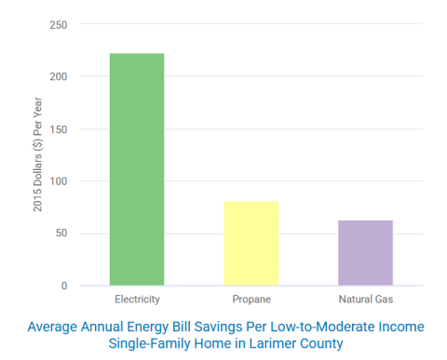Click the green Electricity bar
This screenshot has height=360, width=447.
coord(137,169)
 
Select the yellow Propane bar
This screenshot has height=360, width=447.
coord(251,243)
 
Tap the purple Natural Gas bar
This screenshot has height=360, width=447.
coord(365,252)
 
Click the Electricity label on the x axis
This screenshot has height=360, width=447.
coord(137,300)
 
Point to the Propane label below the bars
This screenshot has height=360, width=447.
coord(251,300)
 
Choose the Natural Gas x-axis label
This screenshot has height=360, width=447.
coord(365,300)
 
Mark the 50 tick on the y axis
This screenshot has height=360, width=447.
coord(61,233)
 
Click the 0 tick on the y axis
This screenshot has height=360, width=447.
coord(63,286)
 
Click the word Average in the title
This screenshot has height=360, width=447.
coord(54,327)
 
